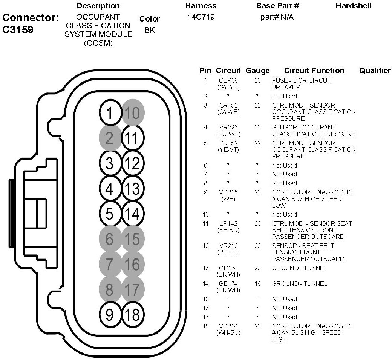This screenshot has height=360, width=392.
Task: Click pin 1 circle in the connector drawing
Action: tap(109, 114)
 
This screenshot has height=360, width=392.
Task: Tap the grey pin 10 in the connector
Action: tap(132, 113)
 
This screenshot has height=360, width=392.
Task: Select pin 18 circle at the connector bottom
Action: tap(132, 314)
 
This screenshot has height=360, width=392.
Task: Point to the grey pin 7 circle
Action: tap(109, 264)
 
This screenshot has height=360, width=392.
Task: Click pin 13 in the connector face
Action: tap(132, 188)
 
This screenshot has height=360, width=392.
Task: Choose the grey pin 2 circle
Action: tap(109, 138)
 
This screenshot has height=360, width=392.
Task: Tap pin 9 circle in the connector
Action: tap(109, 314)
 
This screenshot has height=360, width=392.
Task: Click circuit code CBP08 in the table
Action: tap(228, 80)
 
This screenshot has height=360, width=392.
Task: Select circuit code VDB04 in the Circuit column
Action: tap(228, 326)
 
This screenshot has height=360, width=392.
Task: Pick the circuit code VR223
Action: tap(228, 128)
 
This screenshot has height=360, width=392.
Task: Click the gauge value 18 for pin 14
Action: tap(257, 283)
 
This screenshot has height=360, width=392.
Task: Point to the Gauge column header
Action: tap(257, 71)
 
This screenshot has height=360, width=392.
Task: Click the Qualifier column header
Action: tap(375, 71)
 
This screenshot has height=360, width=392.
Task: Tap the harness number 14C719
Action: tap(201, 17)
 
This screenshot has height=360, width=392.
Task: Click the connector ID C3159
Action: tap(18, 30)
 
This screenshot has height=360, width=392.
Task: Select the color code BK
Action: tap(150, 30)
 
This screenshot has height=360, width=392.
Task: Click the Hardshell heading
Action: tap(354, 6)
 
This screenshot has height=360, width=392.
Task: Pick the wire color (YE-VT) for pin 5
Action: tap(228, 150)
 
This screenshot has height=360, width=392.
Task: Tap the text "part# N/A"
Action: tap(277, 17)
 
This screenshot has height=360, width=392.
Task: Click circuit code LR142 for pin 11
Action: tap(228, 223)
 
